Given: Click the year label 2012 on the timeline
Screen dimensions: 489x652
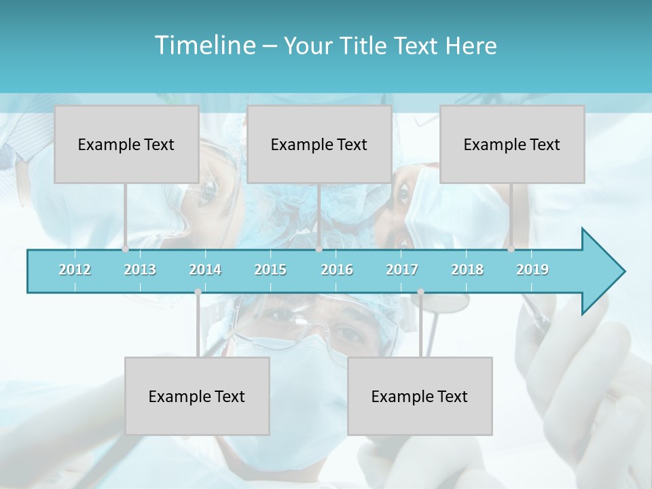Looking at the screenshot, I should (75, 270).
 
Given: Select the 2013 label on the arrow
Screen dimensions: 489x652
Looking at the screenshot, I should (140, 270).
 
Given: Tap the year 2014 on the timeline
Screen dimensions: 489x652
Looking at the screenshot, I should (205, 270).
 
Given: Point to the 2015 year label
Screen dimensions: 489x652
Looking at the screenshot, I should (270, 270).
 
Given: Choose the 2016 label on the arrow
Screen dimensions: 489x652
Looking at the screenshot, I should (337, 270).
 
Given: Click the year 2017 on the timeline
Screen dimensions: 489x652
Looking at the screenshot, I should (402, 270).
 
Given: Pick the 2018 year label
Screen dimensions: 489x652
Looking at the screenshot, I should (467, 270).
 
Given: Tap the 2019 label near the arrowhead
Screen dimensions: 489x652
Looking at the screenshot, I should (532, 270).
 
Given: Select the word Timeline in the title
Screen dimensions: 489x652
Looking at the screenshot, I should (204, 46).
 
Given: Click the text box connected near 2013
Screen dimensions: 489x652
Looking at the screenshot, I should (126, 144).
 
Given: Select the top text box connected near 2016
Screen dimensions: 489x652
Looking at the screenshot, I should (319, 144).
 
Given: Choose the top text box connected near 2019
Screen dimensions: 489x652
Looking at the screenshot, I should (512, 144).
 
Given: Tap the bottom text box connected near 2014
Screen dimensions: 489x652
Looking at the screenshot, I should (197, 396).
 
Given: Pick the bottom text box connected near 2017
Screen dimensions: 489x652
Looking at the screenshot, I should (420, 396).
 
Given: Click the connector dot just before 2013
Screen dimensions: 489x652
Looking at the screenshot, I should (125, 249).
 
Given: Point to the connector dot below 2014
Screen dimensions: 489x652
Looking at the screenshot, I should (198, 292).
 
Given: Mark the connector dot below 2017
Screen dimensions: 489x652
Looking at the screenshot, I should (420, 292).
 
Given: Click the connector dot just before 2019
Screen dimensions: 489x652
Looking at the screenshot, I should (511, 249).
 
